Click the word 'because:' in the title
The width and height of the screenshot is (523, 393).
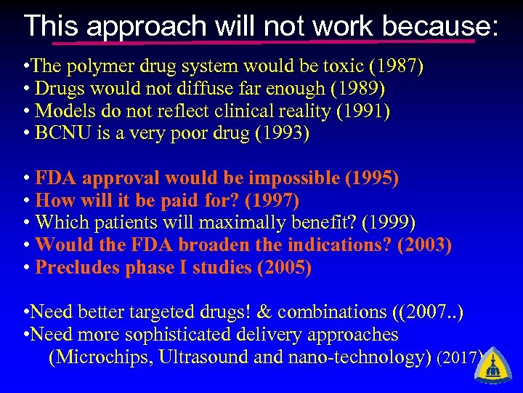coord(440,27)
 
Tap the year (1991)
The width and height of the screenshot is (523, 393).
coord(362,111)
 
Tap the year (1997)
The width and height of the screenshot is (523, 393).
coord(272,201)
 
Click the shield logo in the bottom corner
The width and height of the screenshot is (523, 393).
coord(495,363)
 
